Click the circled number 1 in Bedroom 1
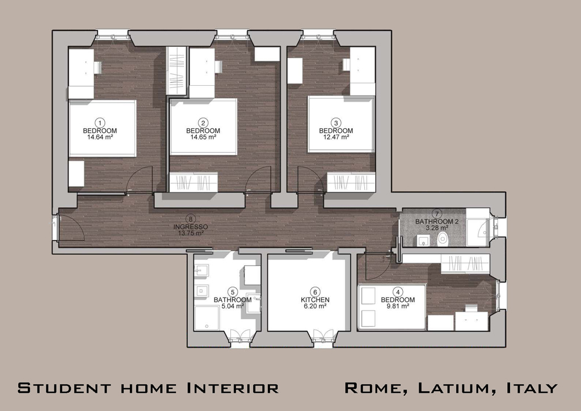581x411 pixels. [100, 123]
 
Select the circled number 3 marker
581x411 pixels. [336, 123]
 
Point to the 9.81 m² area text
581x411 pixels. [398, 306]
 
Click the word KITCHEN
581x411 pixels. [315, 300]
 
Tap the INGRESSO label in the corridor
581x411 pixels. [191, 227]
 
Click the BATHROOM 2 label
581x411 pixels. [437, 221]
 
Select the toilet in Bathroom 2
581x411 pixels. [443, 239]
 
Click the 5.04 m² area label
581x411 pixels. [233, 306]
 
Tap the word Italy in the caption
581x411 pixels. [532, 388]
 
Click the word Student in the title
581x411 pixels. [64, 388]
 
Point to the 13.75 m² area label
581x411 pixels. [191, 233]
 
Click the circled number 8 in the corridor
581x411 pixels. [191, 219]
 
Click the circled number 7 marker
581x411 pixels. [437, 214]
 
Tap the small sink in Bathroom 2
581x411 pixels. [423, 241]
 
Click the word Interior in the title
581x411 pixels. [233, 388]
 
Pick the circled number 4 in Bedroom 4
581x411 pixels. [398, 292]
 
